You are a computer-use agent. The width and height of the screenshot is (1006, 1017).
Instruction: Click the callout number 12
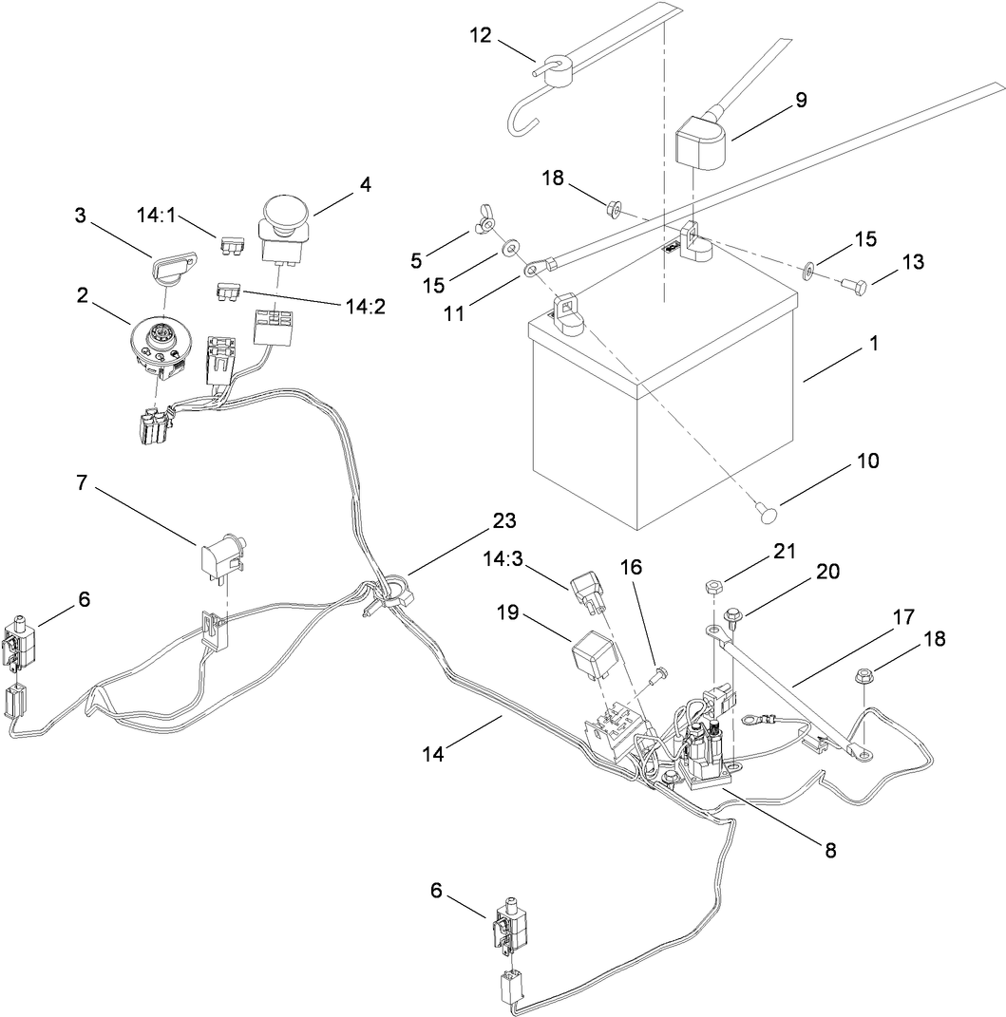pyautogui.click(x=481, y=36)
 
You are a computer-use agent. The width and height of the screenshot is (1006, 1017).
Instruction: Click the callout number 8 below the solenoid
pyautogui.click(x=829, y=850)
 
